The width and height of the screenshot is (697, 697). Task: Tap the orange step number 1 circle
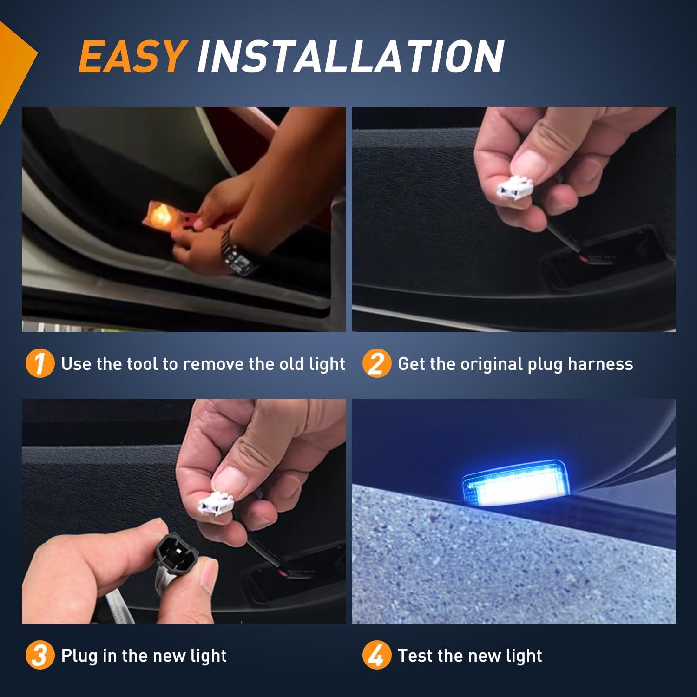tap(39, 364)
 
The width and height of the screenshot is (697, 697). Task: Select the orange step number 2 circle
tap(376, 364)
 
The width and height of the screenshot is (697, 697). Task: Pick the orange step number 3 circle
tap(39, 656)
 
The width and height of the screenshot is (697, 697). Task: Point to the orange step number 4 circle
tap(376, 656)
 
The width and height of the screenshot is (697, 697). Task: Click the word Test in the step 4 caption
tap(415, 656)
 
